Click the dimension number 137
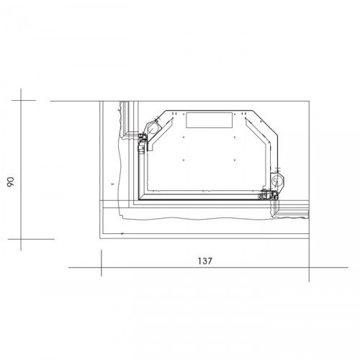205,261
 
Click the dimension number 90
11,182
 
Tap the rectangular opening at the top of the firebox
210,120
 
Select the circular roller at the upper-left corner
152,129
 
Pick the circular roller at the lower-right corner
276,180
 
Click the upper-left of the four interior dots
184,138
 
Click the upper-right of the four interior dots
235,138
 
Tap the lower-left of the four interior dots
184,160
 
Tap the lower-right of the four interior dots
235,160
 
